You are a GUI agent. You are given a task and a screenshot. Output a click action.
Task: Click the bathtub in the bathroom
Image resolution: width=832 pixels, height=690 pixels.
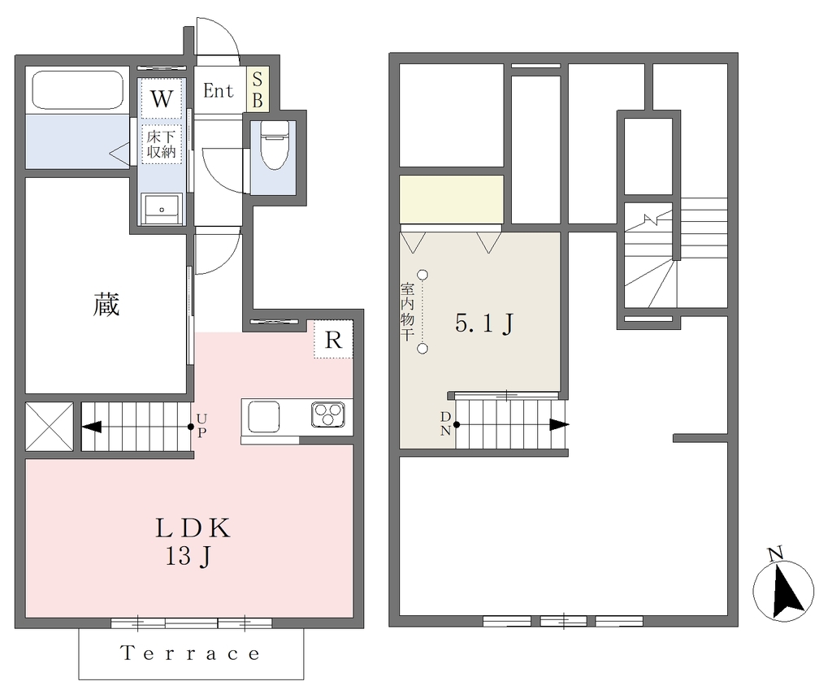[78, 89]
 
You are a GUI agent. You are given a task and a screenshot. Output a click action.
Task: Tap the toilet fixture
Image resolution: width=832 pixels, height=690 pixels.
[274, 145]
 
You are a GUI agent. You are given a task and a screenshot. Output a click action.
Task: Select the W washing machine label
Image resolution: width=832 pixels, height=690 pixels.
[162, 98]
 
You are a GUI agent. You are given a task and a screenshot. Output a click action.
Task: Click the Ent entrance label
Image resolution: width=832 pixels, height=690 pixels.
[218, 91]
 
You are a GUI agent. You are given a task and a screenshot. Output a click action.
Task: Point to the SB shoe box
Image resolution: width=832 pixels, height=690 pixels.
[258, 89]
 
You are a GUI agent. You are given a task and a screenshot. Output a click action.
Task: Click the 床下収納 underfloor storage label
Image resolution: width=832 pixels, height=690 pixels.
[162, 144]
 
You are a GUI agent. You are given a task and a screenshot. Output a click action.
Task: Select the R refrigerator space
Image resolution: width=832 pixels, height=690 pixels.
[333, 339]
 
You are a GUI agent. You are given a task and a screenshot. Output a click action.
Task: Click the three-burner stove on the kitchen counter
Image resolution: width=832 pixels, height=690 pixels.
[328, 414]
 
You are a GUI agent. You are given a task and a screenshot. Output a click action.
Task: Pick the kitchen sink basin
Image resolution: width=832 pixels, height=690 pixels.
[264, 417]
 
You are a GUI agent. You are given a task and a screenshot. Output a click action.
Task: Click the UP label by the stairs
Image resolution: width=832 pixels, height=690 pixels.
[201, 426]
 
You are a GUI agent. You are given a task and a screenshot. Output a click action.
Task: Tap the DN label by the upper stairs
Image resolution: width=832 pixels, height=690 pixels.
[446, 423]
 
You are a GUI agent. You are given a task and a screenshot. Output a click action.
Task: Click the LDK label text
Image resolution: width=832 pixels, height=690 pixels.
[193, 528]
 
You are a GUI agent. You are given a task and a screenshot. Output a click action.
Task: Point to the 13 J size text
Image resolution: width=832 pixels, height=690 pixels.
[188, 556]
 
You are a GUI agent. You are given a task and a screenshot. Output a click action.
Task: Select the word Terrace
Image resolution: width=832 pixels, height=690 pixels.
[190, 653]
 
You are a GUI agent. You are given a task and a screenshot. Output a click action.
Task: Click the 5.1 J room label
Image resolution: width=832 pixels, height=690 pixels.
[484, 323]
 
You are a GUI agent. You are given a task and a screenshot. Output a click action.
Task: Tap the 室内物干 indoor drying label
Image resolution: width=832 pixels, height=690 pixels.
[408, 312]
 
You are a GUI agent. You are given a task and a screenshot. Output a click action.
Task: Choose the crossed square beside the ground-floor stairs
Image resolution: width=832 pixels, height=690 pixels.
[50, 427]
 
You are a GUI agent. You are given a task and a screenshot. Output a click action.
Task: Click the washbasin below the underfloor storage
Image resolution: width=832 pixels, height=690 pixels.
[162, 209]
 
